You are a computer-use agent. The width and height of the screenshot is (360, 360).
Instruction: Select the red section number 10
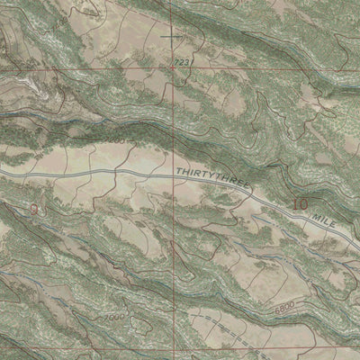pyautogui.click(x=300, y=205)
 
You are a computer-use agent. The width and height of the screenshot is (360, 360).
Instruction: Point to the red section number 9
pyautogui.click(x=34, y=209)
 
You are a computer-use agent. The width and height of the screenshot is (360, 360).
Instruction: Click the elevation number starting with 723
pyautogui.click(x=183, y=61)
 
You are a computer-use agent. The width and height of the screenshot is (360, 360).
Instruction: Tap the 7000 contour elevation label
pyautogui.click(x=114, y=319)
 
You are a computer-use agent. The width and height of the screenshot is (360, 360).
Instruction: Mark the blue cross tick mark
pyautogui.click(x=172, y=36)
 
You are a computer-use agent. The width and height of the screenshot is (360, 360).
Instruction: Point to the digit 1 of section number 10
pyautogui.click(x=294, y=205)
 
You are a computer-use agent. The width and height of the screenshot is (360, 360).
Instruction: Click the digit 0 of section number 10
pyautogui.click(x=304, y=205)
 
